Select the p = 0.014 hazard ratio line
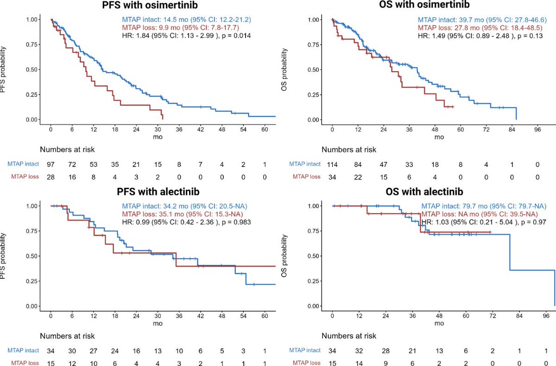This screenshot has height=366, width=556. tap(186, 35)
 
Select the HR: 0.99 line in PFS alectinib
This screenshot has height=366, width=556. tap(186, 222)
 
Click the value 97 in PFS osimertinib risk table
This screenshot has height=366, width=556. tap(51, 165)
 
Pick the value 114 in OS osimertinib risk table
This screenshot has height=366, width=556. tap(332, 165)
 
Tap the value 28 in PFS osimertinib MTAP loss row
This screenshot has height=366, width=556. tap(51, 177)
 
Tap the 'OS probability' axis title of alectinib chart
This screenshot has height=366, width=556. tap(286, 256)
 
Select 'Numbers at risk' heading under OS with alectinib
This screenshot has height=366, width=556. tap(349, 336)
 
